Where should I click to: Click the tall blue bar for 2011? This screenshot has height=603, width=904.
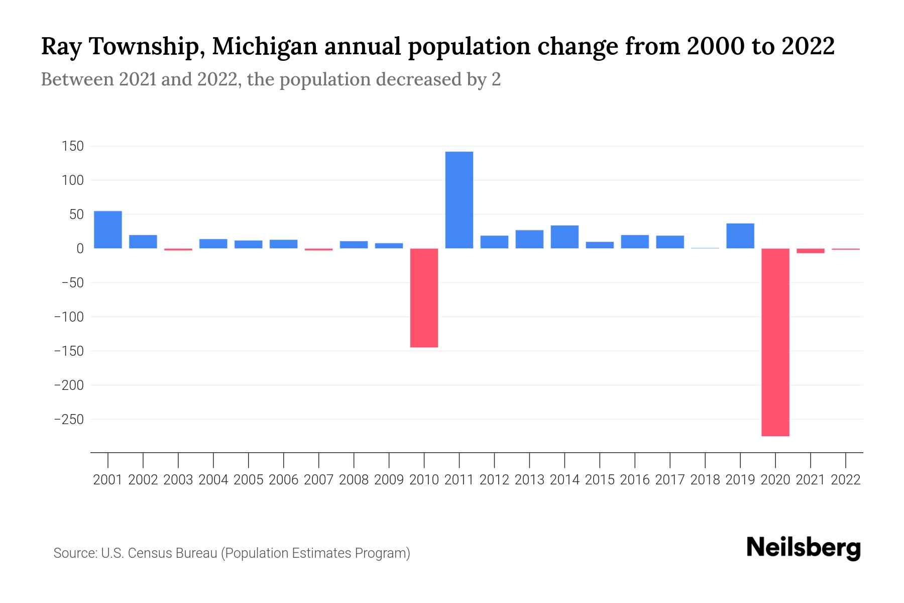[x=459, y=200]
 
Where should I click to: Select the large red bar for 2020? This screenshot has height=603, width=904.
[x=775, y=342]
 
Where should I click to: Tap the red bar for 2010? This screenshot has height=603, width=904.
[x=424, y=297]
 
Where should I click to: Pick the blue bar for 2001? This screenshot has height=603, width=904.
[x=108, y=230]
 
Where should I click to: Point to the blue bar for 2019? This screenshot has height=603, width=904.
[x=740, y=236]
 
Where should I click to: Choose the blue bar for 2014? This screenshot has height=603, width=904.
[x=564, y=237]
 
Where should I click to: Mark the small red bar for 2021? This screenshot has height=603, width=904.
[x=811, y=251]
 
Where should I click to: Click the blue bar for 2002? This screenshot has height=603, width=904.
[x=143, y=242]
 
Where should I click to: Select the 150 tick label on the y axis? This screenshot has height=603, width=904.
[x=72, y=146]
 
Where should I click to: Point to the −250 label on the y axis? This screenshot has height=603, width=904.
[x=69, y=419]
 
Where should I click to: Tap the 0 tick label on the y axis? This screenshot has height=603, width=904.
[x=80, y=249]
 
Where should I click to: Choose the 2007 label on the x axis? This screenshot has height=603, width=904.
[x=318, y=480]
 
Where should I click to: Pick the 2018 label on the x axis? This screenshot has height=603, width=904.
[x=705, y=480]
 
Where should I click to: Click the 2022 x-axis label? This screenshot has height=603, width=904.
[x=846, y=480]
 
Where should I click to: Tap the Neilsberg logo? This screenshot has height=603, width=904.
[x=804, y=548]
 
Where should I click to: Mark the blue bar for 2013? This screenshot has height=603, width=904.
[x=529, y=239]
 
